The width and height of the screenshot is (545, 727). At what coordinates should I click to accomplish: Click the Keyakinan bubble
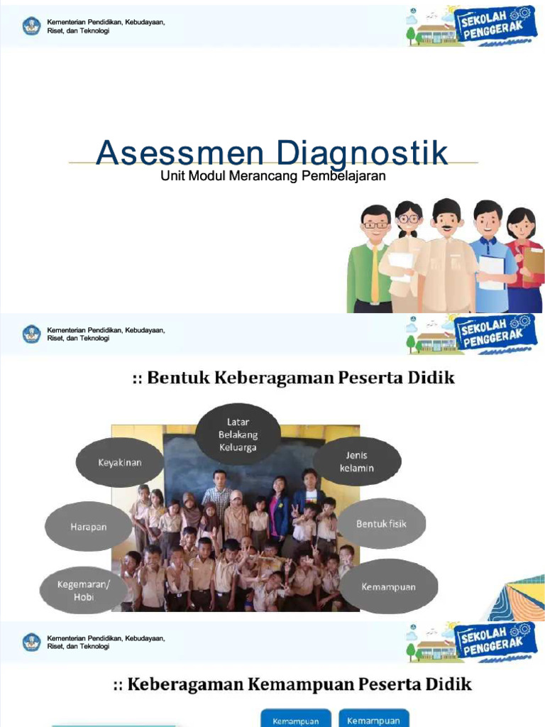(x=119, y=462)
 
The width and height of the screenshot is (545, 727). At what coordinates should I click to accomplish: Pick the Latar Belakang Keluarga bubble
(x=238, y=433)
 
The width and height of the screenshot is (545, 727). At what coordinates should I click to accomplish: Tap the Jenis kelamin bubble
(x=357, y=461)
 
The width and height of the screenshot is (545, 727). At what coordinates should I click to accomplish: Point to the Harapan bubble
(x=88, y=527)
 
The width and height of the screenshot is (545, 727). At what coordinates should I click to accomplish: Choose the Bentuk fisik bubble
(x=381, y=524)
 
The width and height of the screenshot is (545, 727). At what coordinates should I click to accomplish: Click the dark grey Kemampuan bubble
(x=388, y=587)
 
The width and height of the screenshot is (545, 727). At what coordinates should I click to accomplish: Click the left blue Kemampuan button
(x=295, y=720)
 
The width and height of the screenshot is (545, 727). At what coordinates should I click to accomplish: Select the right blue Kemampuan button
(x=373, y=719)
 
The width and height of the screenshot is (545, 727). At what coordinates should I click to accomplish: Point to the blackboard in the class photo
(x=213, y=454)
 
